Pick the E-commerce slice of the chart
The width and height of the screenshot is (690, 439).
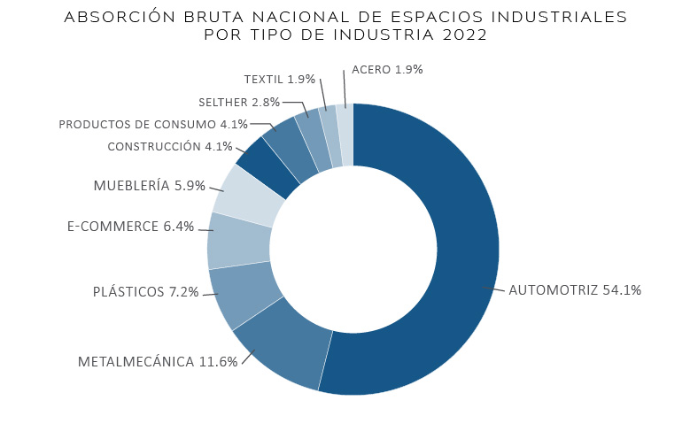(x=239, y=242)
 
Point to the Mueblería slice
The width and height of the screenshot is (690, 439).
(x=251, y=196)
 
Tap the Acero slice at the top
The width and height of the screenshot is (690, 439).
(x=345, y=135)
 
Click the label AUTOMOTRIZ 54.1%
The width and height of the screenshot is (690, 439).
(x=575, y=290)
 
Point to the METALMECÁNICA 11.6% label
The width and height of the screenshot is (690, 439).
(x=158, y=362)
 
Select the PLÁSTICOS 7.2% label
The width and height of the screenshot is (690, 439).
(x=145, y=292)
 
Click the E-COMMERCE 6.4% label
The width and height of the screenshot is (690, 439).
(x=130, y=226)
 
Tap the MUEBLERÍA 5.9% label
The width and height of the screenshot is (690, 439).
(x=149, y=186)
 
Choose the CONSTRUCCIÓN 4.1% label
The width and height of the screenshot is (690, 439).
(x=170, y=146)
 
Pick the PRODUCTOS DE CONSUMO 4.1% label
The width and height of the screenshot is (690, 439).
(x=153, y=125)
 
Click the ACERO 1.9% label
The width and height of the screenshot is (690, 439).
(x=387, y=70)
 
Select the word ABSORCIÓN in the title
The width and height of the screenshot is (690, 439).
(x=120, y=17)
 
